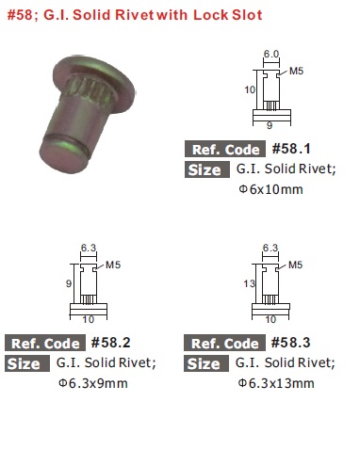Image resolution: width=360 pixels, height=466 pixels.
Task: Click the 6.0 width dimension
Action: coord(271,54)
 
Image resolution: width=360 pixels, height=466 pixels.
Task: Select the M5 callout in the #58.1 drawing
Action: coord(296,71)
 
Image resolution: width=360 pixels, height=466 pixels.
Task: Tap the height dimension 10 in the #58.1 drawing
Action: coord(250,89)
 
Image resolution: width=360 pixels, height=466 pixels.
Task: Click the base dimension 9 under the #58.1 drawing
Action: coord(270,125)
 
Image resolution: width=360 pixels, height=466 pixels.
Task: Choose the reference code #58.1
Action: coord(291,149)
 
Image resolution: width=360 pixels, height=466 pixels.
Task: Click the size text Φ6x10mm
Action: coord(270,189)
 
